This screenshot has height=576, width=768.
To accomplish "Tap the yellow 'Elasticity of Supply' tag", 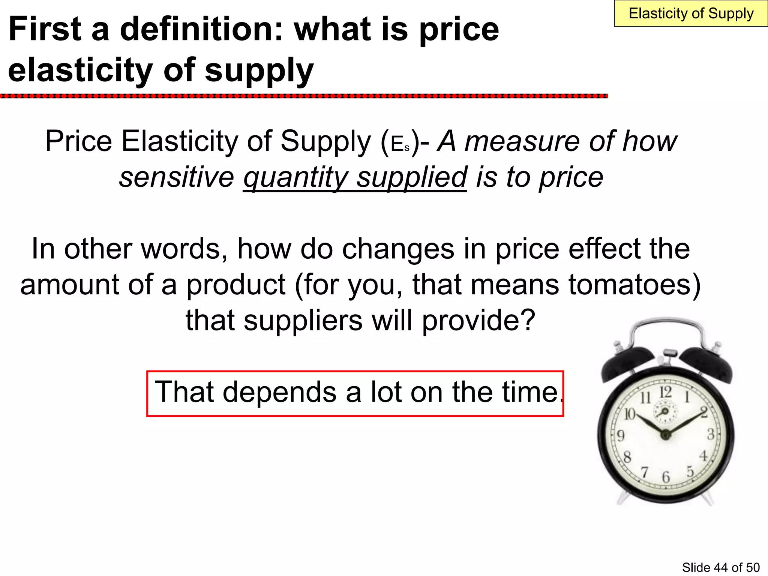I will pyautogui.click(x=691, y=14).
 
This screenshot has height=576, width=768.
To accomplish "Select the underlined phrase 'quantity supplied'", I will pyautogui.click(x=355, y=177).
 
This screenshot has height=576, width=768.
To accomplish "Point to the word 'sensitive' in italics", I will pyautogui.click(x=177, y=177).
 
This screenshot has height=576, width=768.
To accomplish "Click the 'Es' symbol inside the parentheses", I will pyautogui.click(x=400, y=144).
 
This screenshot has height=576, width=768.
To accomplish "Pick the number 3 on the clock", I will pyautogui.click(x=710, y=435).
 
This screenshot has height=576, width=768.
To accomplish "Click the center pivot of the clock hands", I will pyautogui.click(x=665, y=435).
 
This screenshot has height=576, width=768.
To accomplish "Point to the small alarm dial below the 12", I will pyautogui.click(x=665, y=411).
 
